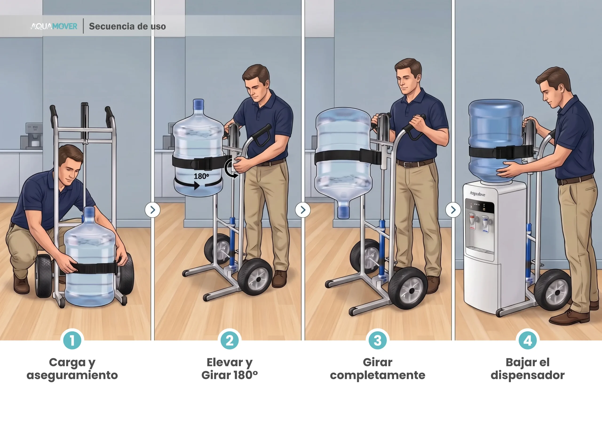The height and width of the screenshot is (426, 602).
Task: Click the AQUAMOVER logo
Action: click(x=54, y=26)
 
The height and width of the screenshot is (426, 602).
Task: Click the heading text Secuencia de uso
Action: click(x=127, y=26)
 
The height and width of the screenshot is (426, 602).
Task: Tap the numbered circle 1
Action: click(x=72, y=340)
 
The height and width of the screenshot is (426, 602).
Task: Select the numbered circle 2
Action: click(x=230, y=340)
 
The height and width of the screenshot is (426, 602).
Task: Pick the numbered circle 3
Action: click(x=378, y=340)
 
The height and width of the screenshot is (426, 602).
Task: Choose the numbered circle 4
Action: click(x=527, y=340)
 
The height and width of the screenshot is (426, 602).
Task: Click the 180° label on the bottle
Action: click(x=201, y=176)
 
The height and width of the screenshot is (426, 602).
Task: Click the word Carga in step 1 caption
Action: click(x=67, y=362)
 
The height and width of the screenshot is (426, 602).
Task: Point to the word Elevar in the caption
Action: click(x=225, y=362)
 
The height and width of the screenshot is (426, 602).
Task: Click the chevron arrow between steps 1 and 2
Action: click(x=153, y=210)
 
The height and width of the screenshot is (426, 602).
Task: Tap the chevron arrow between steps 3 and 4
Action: click(x=453, y=210)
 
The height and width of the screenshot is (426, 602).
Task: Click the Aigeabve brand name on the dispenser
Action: click(x=477, y=194)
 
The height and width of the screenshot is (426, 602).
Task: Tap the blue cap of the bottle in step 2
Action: click(x=198, y=104)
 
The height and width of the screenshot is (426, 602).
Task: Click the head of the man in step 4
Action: click(x=554, y=85)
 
